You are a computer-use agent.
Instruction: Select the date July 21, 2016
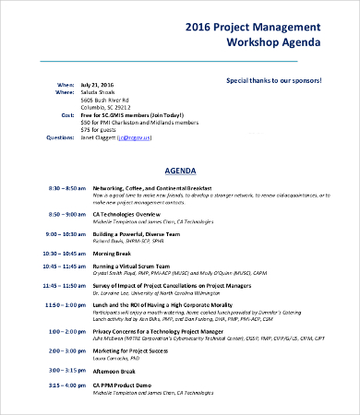(x=97, y=83)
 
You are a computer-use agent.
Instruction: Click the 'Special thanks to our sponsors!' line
(x=274, y=80)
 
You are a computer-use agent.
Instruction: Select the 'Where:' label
(x=65, y=92)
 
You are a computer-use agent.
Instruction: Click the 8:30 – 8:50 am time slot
(x=66, y=187)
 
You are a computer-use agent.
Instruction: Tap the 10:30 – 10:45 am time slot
(x=65, y=253)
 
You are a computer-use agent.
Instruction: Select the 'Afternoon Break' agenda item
(x=115, y=370)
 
